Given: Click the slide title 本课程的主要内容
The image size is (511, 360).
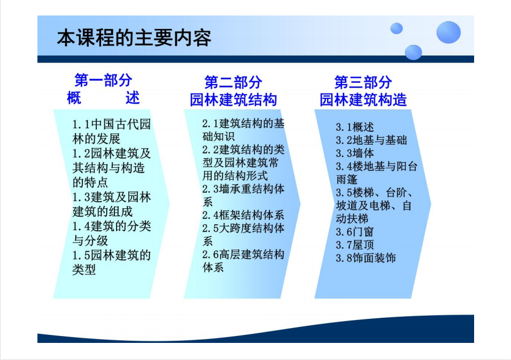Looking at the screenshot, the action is [x=134, y=38].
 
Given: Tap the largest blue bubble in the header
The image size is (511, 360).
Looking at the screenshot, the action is [x=448, y=32].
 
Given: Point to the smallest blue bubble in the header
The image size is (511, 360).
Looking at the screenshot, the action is [x=396, y=28].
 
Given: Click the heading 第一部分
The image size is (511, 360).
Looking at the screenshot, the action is [x=103, y=80].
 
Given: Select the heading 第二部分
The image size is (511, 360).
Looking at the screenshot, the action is [x=233, y=82].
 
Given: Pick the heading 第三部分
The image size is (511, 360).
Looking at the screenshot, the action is [x=363, y=82].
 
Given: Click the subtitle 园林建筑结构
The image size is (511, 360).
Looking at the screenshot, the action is [x=234, y=99].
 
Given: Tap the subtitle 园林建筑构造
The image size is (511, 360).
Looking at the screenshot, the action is [x=363, y=99].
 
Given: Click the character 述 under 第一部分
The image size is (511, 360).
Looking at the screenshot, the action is [x=133, y=97].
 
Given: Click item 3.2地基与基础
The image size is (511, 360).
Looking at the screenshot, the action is [x=371, y=140].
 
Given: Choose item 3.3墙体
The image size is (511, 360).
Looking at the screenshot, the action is [x=355, y=153].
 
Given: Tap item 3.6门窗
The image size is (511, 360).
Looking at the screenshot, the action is [x=355, y=232].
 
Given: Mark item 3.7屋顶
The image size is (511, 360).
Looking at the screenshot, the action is [x=355, y=245].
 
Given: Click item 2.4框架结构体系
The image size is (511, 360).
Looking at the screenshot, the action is [x=243, y=215].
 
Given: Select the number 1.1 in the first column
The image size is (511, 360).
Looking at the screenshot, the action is [x=81, y=124].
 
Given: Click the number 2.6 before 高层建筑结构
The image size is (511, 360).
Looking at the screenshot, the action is [x=211, y=254].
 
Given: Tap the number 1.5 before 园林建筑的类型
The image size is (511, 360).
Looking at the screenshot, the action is [x=81, y=255].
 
